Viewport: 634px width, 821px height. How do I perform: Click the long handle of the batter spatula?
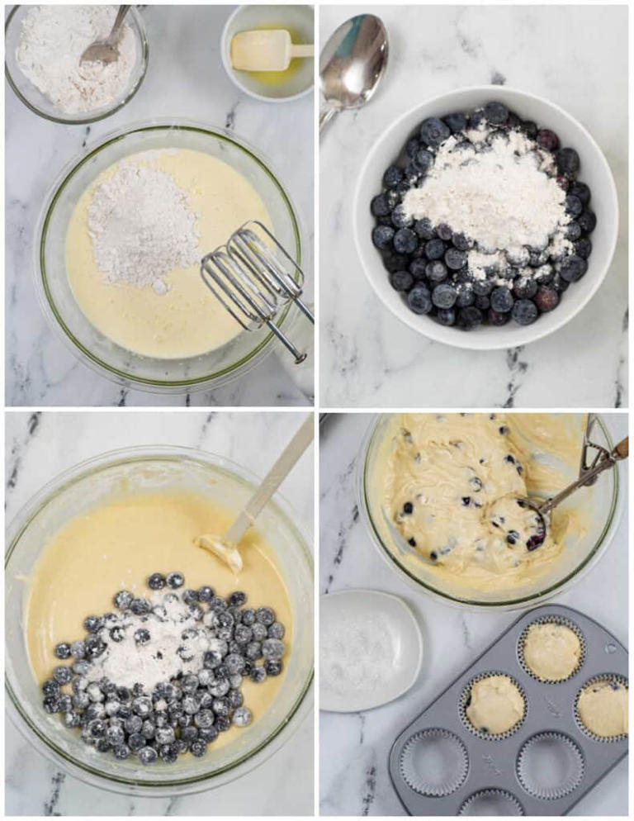[272, 478]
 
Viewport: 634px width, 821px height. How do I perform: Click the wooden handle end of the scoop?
[619, 447]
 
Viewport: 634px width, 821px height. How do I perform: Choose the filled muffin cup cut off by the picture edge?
[603, 707]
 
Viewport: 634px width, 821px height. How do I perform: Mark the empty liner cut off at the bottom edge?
[492, 805]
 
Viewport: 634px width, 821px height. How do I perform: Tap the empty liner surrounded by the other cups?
[550, 765]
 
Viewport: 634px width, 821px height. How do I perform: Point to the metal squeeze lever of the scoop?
[591, 450]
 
